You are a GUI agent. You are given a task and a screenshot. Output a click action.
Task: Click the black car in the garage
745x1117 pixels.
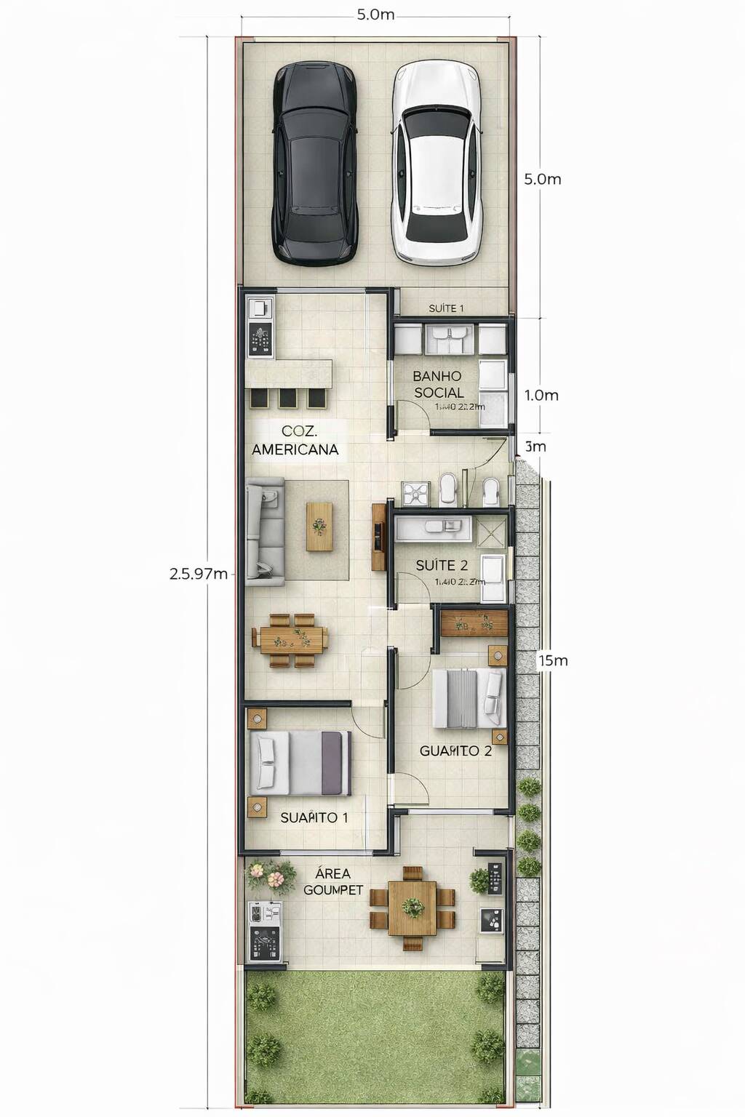click(x=316, y=164)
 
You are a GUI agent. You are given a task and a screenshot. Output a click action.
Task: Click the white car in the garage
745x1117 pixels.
click(x=437, y=164)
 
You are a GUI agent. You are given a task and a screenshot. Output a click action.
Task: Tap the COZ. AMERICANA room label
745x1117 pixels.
click(x=295, y=441)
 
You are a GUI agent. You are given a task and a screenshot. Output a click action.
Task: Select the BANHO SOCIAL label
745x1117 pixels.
click(x=438, y=384)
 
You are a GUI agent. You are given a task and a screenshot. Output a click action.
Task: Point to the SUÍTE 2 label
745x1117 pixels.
click(x=442, y=565)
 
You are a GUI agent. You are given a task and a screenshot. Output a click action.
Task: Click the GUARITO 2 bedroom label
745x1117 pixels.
click(x=455, y=750)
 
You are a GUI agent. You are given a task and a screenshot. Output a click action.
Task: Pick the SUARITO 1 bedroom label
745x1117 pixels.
click(x=314, y=817)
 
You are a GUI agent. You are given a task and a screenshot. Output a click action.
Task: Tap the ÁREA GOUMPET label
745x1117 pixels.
click(x=332, y=881)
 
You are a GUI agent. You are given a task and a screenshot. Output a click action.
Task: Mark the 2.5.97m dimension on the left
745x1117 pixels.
click(x=198, y=573)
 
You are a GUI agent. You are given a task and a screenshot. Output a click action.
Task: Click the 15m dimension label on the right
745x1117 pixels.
click(x=553, y=660)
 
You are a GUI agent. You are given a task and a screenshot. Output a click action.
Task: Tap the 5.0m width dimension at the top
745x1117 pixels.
click(x=375, y=15)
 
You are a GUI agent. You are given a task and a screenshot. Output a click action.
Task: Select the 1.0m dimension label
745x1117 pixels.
click(x=541, y=395)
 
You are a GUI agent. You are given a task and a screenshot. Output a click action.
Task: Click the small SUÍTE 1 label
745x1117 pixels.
click(x=446, y=308)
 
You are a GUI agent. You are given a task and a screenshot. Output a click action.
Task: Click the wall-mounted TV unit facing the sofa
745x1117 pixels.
click(x=378, y=537)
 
